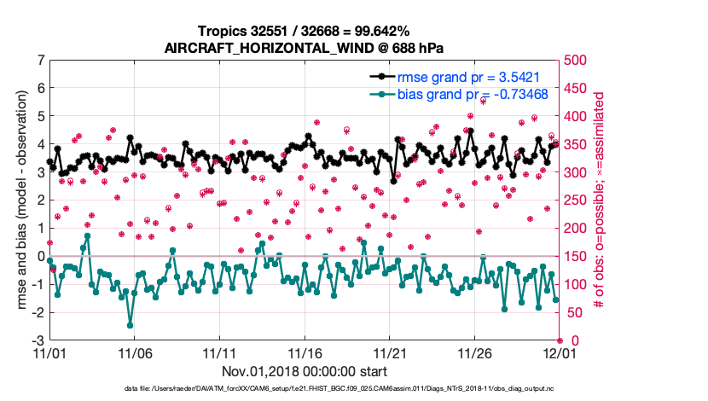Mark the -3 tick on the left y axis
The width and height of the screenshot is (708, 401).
pyautogui.click(x=38, y=340)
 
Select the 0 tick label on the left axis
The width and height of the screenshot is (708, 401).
pyautogui.click(x=40, y=256)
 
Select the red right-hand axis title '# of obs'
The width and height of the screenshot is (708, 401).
pyautogui.click(x=601, y=200)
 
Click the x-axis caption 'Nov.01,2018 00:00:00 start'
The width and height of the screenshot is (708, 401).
pyautogui.click(x=305, y=371)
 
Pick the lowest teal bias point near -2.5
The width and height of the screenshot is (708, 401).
pyautogui.click(x=130, y=325)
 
